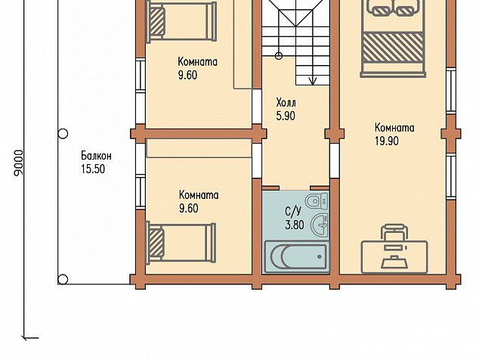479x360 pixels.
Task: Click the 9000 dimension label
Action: tap(19, 163)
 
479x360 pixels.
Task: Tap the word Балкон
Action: tap(96, 156)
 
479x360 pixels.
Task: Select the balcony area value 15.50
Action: tap(93, 169)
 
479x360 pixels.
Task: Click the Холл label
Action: tap(286, 102)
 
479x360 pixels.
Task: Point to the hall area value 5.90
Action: tap(286, 116)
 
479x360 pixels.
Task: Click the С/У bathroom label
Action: tap(293, 211)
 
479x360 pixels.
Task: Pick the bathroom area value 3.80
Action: tap(295, 225)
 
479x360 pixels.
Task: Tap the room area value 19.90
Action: tap(387, 141)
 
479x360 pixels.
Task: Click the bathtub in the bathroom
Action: tap(297, 256)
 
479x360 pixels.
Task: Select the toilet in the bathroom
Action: tap(317, 201)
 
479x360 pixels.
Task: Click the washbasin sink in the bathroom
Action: tap(320, 225)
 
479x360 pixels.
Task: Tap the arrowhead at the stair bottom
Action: tap(313, 81)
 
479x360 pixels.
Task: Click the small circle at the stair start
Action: tap(279, 56)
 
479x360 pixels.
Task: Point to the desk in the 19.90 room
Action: tap(394, 257)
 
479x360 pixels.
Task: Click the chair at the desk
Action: tap(394, 233)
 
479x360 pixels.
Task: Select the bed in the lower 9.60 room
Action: tap(181, 243)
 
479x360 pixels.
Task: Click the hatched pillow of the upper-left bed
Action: tap(157, 21)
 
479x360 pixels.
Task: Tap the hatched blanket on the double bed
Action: tap(393, 48)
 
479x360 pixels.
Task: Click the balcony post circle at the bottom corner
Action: tap(63, 279)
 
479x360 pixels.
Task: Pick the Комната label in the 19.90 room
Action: tap(394, 127)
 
